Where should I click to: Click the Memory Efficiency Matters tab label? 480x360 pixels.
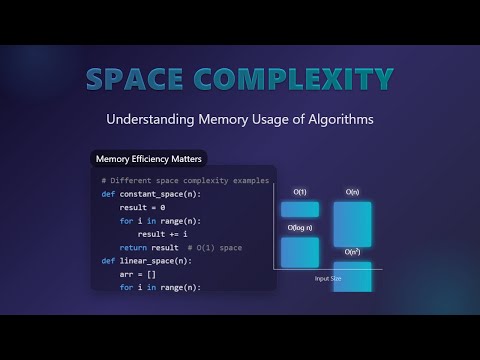147,158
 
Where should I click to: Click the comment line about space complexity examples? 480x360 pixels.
185,180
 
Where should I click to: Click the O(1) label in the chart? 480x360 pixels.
299,192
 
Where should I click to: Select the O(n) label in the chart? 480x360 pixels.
352,192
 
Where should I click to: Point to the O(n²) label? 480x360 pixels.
353,252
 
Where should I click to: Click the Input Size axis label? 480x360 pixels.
328,278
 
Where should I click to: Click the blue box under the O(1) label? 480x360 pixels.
300,210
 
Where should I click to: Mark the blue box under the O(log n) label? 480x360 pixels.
300,252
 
